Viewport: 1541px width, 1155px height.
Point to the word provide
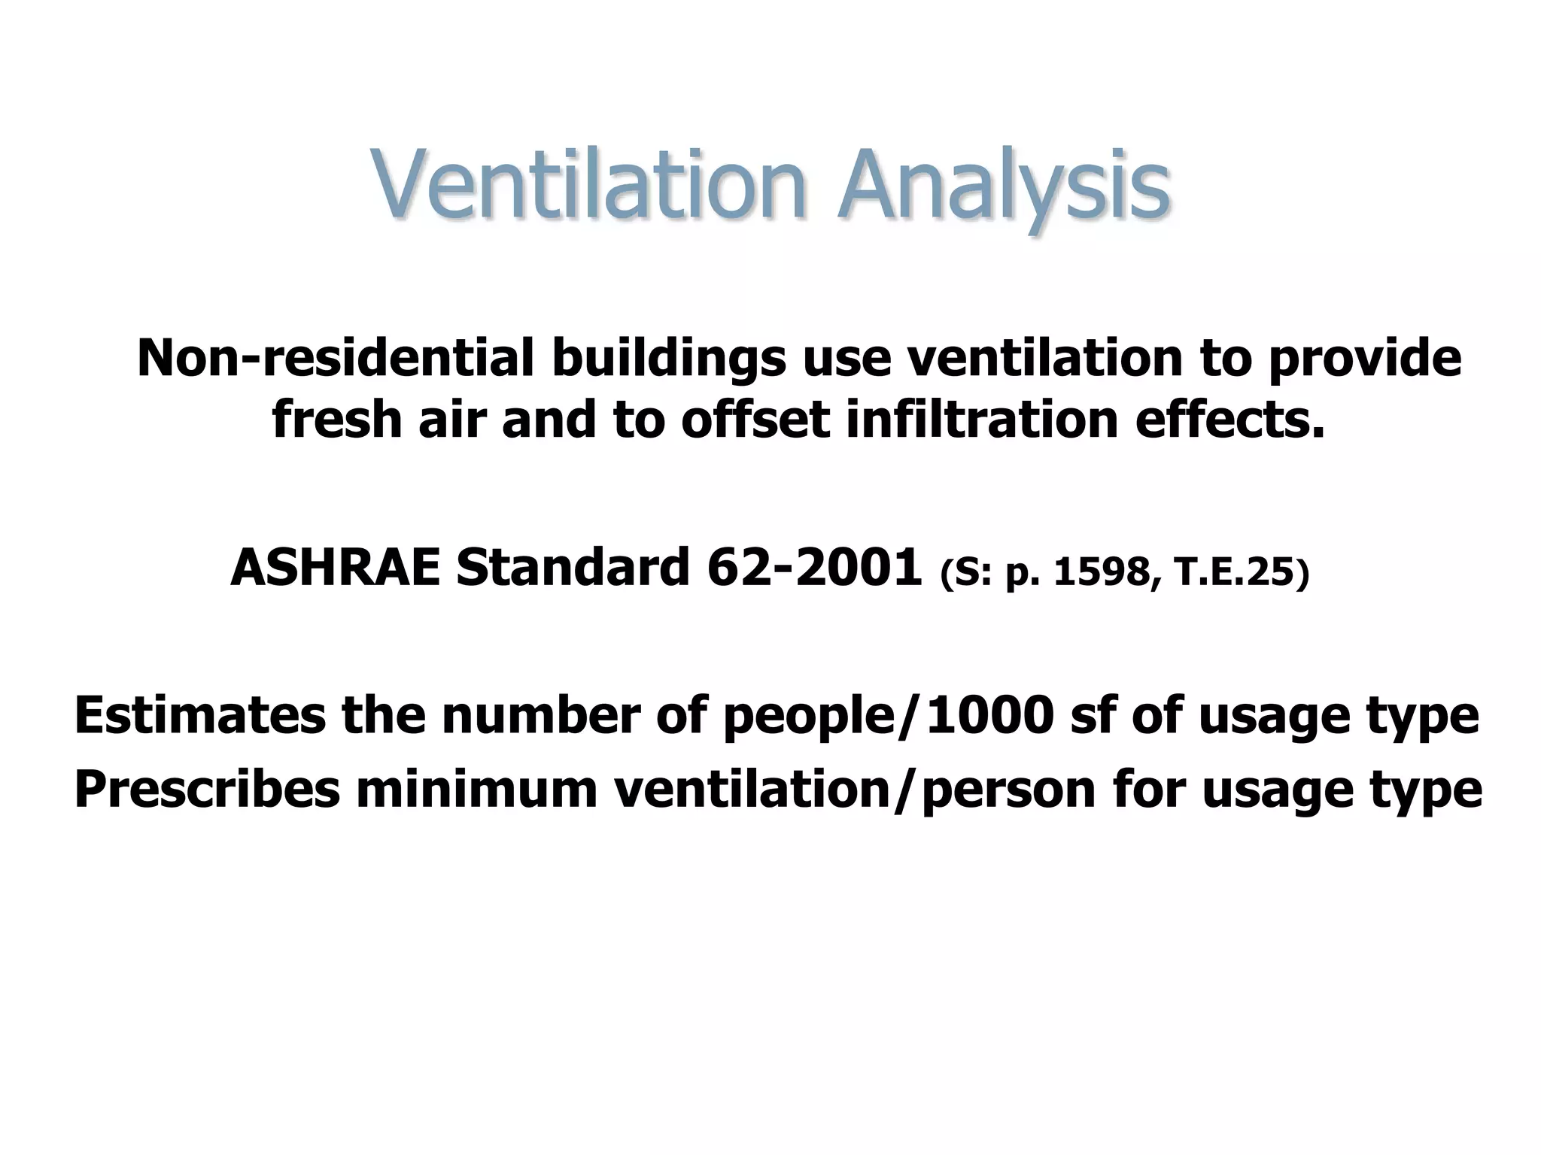click(x=1364, y=358)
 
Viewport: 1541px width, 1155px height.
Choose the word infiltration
click(x=981, y=419)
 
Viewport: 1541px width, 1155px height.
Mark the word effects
click(x=1229, y=419)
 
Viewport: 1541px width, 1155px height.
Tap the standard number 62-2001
click(x=815, y=567)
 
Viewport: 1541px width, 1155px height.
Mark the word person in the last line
click(x=1008, y=791)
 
